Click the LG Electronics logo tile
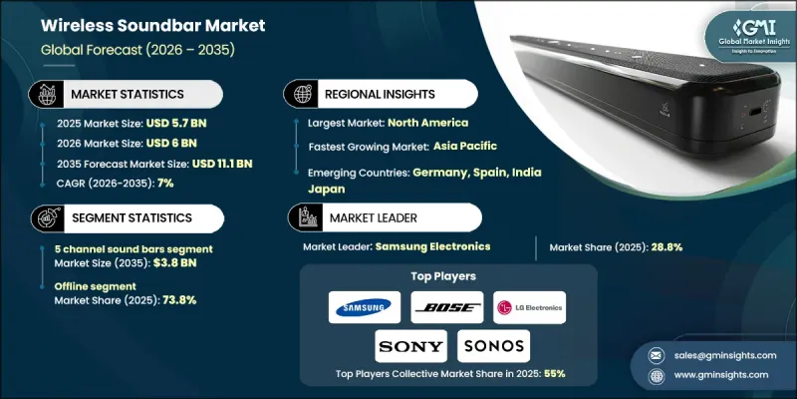point(529,306)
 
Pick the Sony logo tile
point(409,345)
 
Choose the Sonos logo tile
point(493,345)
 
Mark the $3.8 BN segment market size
point(149,264)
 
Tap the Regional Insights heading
point(379,94)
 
